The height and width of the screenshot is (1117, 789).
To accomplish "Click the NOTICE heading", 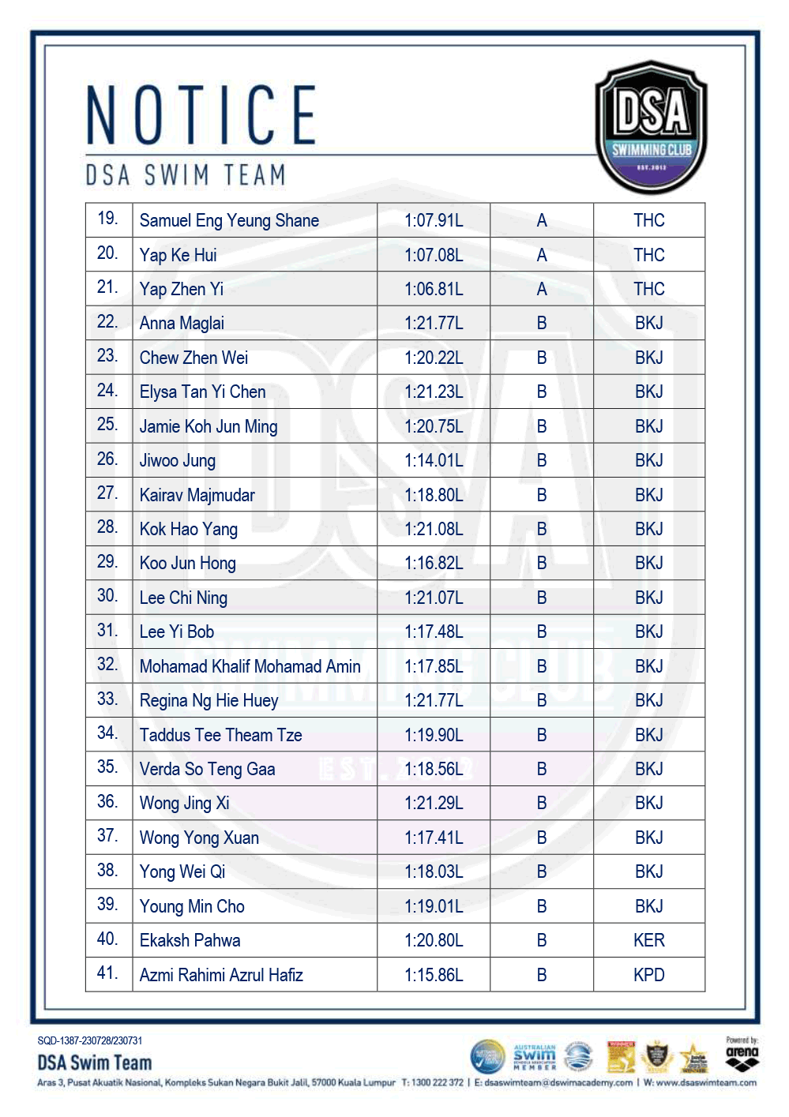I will (201, 115).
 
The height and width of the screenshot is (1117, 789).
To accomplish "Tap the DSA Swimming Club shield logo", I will (651, 127).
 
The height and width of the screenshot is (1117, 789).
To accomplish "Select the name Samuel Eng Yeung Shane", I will (229, 221).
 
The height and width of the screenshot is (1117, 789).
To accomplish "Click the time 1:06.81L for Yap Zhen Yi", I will (434, 290).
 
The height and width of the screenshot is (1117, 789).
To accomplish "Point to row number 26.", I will (107, 459).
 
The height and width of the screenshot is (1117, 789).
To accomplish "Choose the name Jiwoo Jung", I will (178, 461).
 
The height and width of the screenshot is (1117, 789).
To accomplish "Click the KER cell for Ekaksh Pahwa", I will (649, 941).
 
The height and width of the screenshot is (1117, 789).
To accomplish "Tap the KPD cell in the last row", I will (649, 976).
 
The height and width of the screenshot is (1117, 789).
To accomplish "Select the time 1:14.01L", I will (434, 461).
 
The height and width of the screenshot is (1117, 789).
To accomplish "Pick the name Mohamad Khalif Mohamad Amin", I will (250, 667).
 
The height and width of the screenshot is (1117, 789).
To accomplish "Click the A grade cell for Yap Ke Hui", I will (542, 256).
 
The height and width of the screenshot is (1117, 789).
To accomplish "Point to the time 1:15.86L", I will (434, 976).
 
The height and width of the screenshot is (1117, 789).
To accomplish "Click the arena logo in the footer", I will (742, 1055).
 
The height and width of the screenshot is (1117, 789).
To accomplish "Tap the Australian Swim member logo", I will (535, 1056).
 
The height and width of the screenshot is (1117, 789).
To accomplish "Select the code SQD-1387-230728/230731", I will (90, 1041).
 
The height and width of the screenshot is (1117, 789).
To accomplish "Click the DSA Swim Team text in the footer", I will (95, 1063).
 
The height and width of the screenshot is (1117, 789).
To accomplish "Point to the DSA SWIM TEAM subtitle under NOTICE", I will (186, 175).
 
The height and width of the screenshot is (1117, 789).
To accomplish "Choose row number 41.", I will (107, 973).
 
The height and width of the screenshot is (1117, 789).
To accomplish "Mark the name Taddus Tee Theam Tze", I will (220, 736).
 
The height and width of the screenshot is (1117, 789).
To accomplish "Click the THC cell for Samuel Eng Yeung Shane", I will (649, 221).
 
